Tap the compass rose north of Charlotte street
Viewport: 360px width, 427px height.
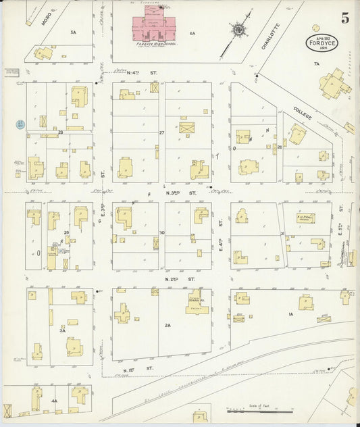[x=238, y=30]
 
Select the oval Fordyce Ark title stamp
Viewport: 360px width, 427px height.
[x=322, y=42]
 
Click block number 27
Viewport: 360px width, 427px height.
[x=161, y=133]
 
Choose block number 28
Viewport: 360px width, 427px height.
[x=60, y=132]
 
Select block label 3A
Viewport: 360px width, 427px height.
[x=62, y=330]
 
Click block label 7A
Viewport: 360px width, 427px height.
[x=315, y=64]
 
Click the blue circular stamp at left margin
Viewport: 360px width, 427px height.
[x=20, y=124]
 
